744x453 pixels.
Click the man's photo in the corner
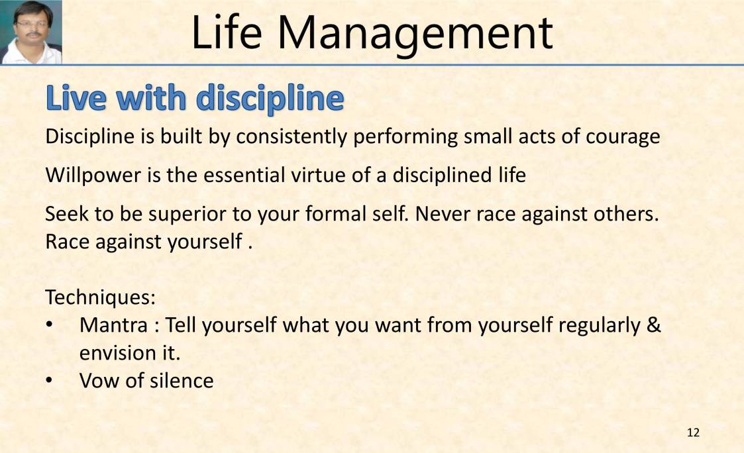tap(31, 32)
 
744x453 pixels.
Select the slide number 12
tap(693, 432)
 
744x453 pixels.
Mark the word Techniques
tap(100, 297)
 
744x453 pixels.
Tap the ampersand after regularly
tap(653, 325)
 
